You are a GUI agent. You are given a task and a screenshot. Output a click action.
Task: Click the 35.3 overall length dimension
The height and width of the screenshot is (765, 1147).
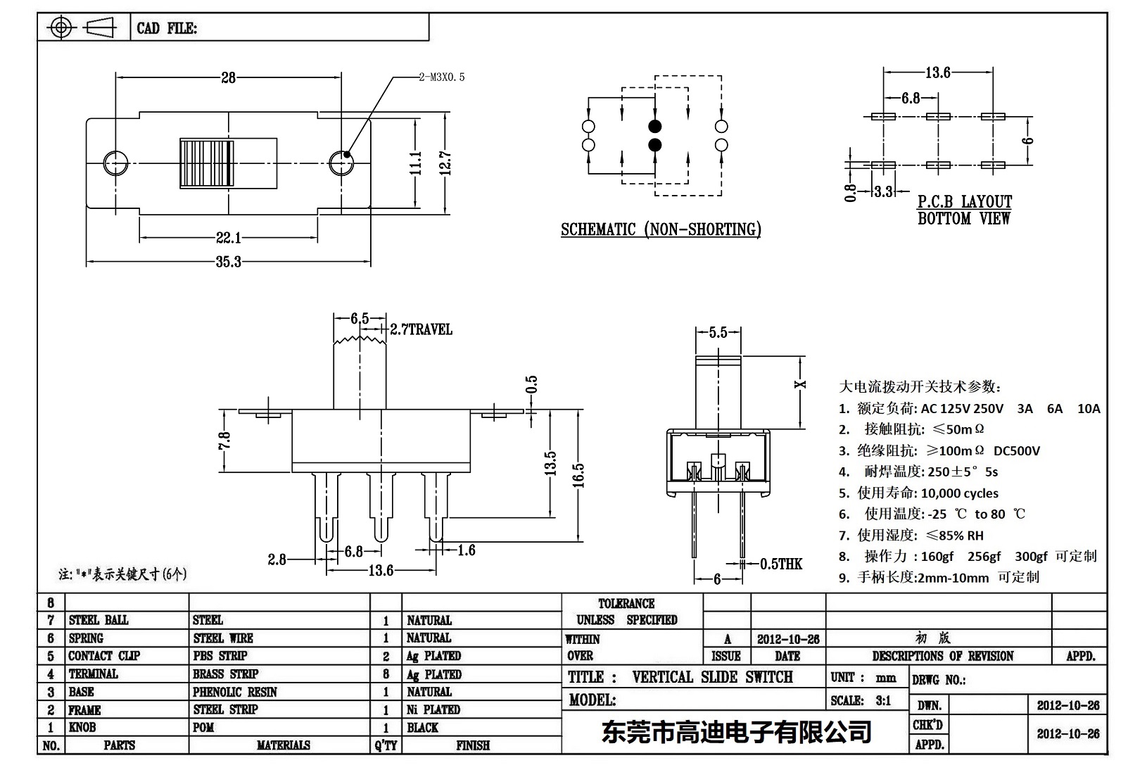click(x=228, y=262)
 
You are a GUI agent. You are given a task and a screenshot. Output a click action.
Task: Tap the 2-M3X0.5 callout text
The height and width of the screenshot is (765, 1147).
click(x=442, y=77)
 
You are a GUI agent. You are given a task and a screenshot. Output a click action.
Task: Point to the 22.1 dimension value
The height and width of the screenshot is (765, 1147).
click(x=228, y=238)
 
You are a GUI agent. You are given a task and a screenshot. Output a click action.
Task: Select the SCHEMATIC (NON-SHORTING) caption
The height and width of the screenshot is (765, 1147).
click(x=661, y=229)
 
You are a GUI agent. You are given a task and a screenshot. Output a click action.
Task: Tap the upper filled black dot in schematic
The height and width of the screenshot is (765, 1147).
click(x=654, y=127)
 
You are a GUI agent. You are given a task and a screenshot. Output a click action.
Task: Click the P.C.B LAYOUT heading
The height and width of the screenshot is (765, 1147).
click(x=964, y=202)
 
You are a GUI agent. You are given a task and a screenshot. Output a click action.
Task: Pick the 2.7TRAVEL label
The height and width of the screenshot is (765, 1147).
click(x=421, y=329)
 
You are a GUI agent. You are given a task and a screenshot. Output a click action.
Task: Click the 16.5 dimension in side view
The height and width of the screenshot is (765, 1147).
click(x=577, y=475)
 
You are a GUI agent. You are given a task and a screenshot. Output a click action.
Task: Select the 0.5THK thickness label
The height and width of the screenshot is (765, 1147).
click(x=780, y=564)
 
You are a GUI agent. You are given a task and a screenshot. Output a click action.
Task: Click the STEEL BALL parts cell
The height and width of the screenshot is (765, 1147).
click(x=99, y=620)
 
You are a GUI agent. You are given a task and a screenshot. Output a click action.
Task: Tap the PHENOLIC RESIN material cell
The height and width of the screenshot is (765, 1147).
click(x=235, y=692)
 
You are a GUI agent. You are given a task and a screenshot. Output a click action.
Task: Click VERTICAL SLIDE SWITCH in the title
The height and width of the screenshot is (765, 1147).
click(x=712, y=677)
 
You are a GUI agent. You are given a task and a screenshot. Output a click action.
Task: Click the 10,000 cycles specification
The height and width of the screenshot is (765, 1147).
click(x=959, y=493)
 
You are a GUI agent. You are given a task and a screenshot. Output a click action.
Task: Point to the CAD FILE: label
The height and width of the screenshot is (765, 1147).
click(x=167, y=28)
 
